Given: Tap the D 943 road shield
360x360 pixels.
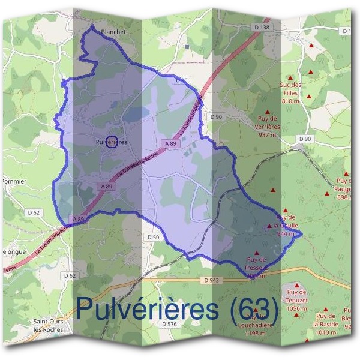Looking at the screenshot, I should click(x=211, y=280).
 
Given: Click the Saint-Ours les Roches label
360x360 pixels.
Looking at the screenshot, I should click(x=49, y=325).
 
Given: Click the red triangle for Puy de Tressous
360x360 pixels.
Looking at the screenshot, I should click(x=257, y=253).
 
